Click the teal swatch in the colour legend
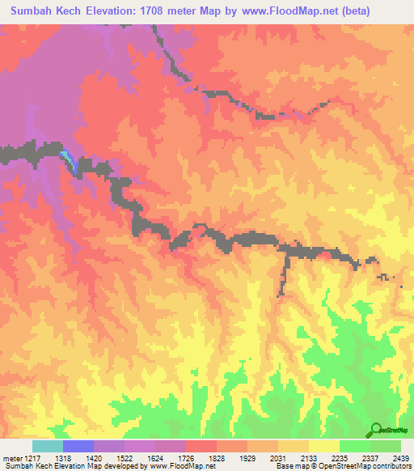[47, 446]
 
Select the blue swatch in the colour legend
[78, 446]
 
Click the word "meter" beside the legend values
[11, 457]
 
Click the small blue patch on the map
[70, 159]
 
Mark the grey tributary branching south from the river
[283, 275]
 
